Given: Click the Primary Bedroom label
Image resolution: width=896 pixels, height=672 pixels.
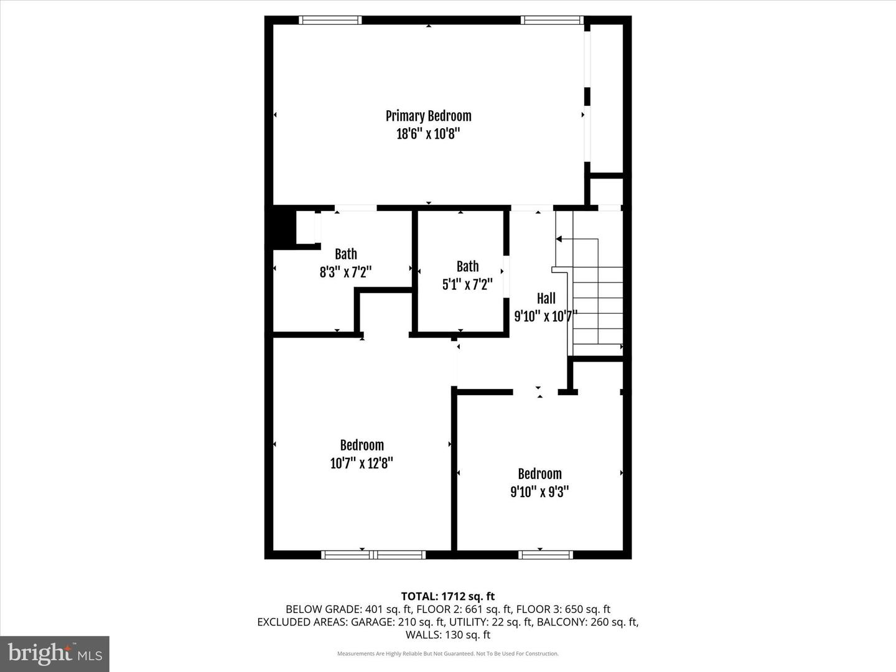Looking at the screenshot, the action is [428, 116].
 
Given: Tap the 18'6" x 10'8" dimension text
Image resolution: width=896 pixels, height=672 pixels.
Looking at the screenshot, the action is [428, 134].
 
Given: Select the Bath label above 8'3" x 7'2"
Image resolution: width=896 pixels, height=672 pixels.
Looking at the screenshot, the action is [346, 254].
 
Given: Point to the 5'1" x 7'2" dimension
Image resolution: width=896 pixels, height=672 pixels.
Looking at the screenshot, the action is [467, 284].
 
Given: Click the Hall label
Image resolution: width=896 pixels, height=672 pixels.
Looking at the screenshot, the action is [546, 298].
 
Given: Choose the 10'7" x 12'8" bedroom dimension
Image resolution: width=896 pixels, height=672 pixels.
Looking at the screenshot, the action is [362, 463].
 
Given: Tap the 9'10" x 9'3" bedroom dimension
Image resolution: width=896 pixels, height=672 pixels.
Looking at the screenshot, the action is [539, 492].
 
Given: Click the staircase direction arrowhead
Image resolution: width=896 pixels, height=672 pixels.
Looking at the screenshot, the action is [559, 239].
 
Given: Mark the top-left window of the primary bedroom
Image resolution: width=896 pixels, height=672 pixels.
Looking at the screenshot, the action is [330, 20].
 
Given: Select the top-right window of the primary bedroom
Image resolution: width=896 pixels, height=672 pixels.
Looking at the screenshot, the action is [552, 20].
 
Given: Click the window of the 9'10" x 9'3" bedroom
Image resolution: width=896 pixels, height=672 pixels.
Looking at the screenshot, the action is [545, 554].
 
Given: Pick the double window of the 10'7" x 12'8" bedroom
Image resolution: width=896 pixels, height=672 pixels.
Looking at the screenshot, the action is [373, 554].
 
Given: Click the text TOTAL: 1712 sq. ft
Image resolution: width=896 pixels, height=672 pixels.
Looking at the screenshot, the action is [448, 597].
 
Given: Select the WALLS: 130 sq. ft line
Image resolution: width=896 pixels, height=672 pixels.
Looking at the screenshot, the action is [448, 635].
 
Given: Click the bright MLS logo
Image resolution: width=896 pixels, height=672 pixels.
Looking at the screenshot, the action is [55, 653].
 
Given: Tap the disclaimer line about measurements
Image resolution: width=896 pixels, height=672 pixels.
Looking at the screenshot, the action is [448, 653].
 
